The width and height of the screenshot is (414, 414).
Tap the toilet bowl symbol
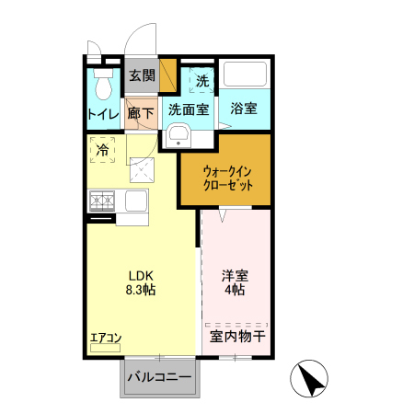tap(103, 85)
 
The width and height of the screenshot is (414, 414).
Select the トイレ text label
tap(103, 115)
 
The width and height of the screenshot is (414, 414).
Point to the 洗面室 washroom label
tap(188, 109)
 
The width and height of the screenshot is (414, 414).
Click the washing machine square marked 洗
tap(201, 80)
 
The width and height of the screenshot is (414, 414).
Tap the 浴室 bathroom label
tap(244, 109)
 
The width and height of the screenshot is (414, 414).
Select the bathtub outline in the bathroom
tap(244, 75)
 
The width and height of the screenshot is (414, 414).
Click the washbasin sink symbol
tap(178, 137)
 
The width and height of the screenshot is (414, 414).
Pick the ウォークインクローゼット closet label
tap(224, 177)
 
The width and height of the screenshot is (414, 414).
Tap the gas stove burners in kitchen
tap(101, 199)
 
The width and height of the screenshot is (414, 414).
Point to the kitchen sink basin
tap(134, 200)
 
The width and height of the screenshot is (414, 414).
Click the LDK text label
tap(140, 274)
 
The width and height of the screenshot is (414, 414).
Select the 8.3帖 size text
tap(140, 290)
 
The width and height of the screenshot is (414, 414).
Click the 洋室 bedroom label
tap(234, 274)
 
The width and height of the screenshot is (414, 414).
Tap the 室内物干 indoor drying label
tap(237, 337)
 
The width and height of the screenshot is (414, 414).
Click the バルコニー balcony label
tap(159, 377)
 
